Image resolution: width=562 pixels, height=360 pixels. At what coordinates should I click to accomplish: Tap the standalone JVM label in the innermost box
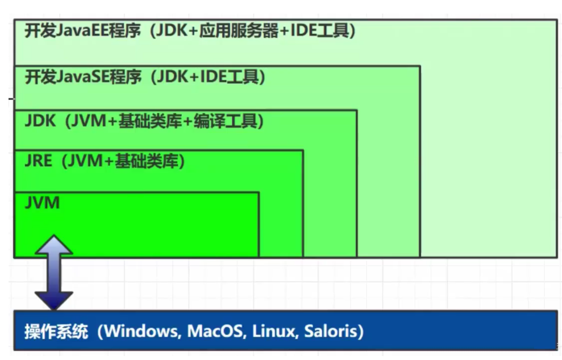click(x=42, y=202)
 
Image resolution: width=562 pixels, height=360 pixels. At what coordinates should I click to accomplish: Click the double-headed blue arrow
click(x=54, y=273)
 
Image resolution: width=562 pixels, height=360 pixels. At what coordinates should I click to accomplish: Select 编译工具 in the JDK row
click(x=227, y=121)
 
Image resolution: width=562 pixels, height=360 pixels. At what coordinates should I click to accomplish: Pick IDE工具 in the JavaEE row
click(x=318, y=31)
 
